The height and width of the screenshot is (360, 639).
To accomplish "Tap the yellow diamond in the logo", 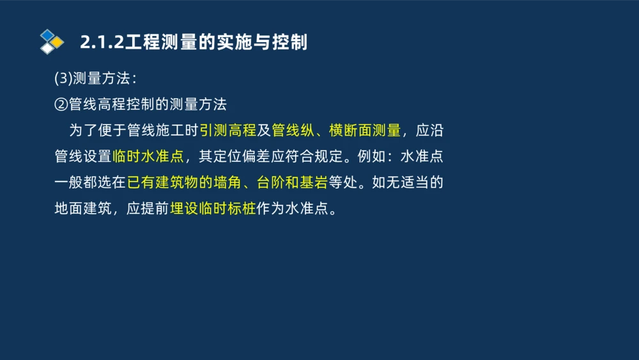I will [57, 42].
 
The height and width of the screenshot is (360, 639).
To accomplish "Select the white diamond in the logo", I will [47, 48].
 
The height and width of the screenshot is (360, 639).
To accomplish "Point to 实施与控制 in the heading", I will [270, 42].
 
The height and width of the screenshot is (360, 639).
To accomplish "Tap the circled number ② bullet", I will [62, 104].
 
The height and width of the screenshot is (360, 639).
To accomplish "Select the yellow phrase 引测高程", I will [228, 130].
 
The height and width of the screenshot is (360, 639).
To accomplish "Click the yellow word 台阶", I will [270, 183].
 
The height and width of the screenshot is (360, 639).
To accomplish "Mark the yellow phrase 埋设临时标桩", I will [213, 209].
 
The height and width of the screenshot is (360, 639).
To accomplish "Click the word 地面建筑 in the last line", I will [83, 209].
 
